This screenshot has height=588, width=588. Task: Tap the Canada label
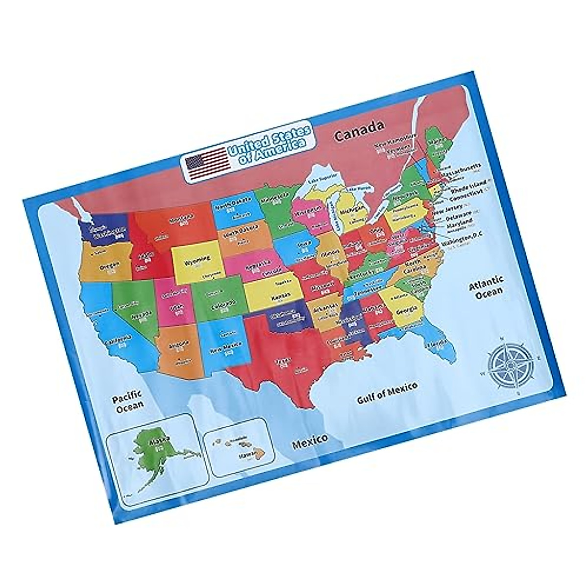click(x=358, y=130)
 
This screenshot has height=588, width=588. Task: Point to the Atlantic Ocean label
click(x=486, y=286)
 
